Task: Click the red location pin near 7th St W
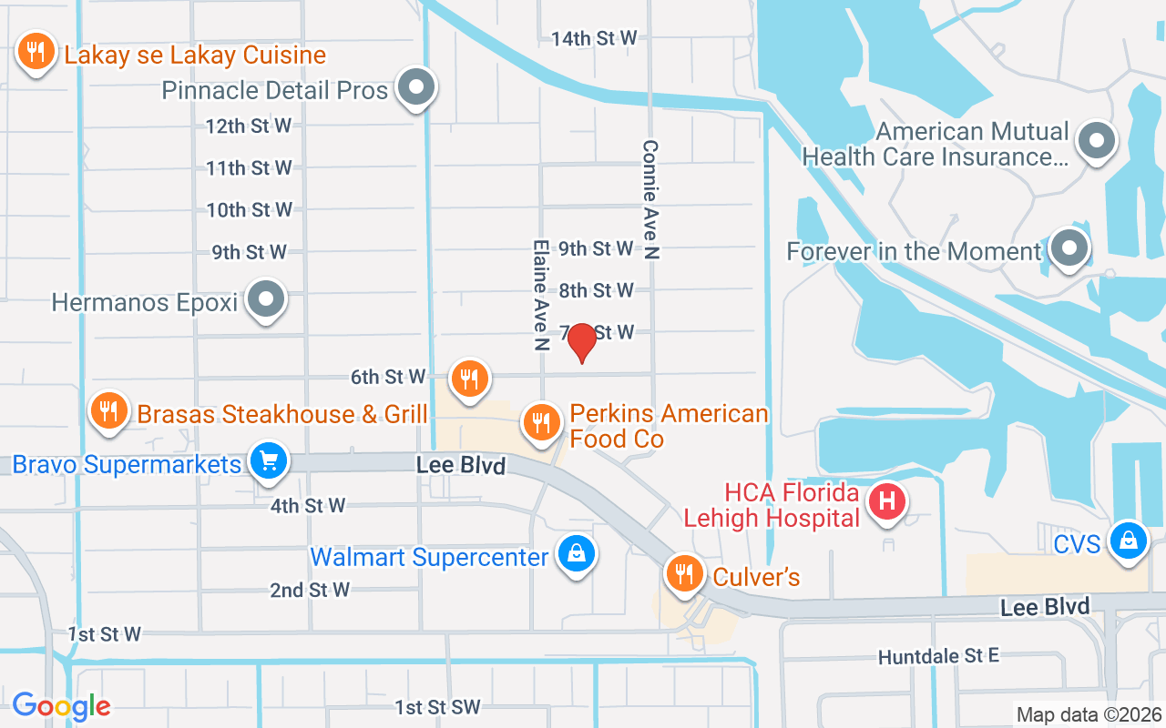coord(581,342)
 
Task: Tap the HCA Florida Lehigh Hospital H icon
coord(887,500)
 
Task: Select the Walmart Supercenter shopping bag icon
coord(577,552)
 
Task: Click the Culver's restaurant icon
coord(683,573)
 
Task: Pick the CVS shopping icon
coord(1129,541)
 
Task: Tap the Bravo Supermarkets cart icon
coord(269,460)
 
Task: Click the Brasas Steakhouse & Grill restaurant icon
coord(108,410)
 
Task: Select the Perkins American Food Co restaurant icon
coord(541,421)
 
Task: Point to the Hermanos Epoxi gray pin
coord(267,298)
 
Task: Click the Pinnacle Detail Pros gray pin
coord(417,87)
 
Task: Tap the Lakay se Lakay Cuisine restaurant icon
coord(36,52)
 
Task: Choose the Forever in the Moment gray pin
coord(1069,248)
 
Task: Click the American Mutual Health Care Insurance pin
coord(1096,141)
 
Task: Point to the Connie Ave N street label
coord(650,200)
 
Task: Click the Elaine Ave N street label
coord(541,296)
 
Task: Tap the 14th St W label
coord(593,38)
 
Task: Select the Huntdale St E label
coord(938,656)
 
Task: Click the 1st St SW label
coord(437,707)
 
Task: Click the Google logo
coord(61,705)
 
